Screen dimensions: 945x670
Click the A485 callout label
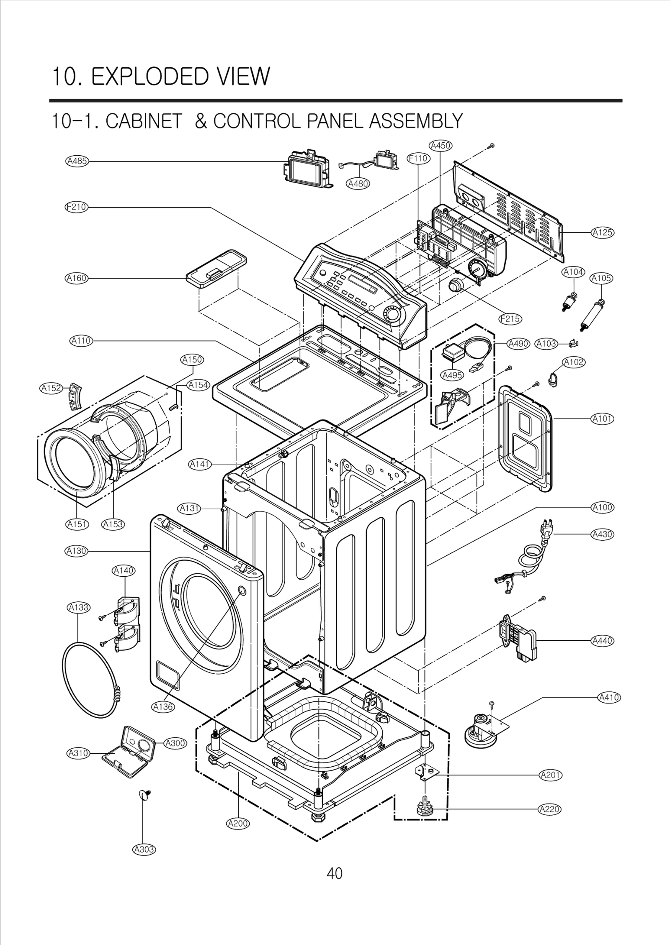coord(77,161)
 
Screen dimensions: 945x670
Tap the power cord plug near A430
coord(543,529)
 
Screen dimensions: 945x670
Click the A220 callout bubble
coord(549,809)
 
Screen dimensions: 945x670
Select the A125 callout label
coord(602,232)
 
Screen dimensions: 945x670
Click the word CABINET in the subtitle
coord(144,121)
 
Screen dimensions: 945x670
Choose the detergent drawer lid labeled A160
coord(216,269)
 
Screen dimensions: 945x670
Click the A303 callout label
coord(144,850)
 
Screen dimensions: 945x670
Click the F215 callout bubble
coord(510,319)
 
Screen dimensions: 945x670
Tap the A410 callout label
coord(608,698)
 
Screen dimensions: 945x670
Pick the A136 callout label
coord(162,707)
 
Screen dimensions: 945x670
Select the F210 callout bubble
coord(76,207)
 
